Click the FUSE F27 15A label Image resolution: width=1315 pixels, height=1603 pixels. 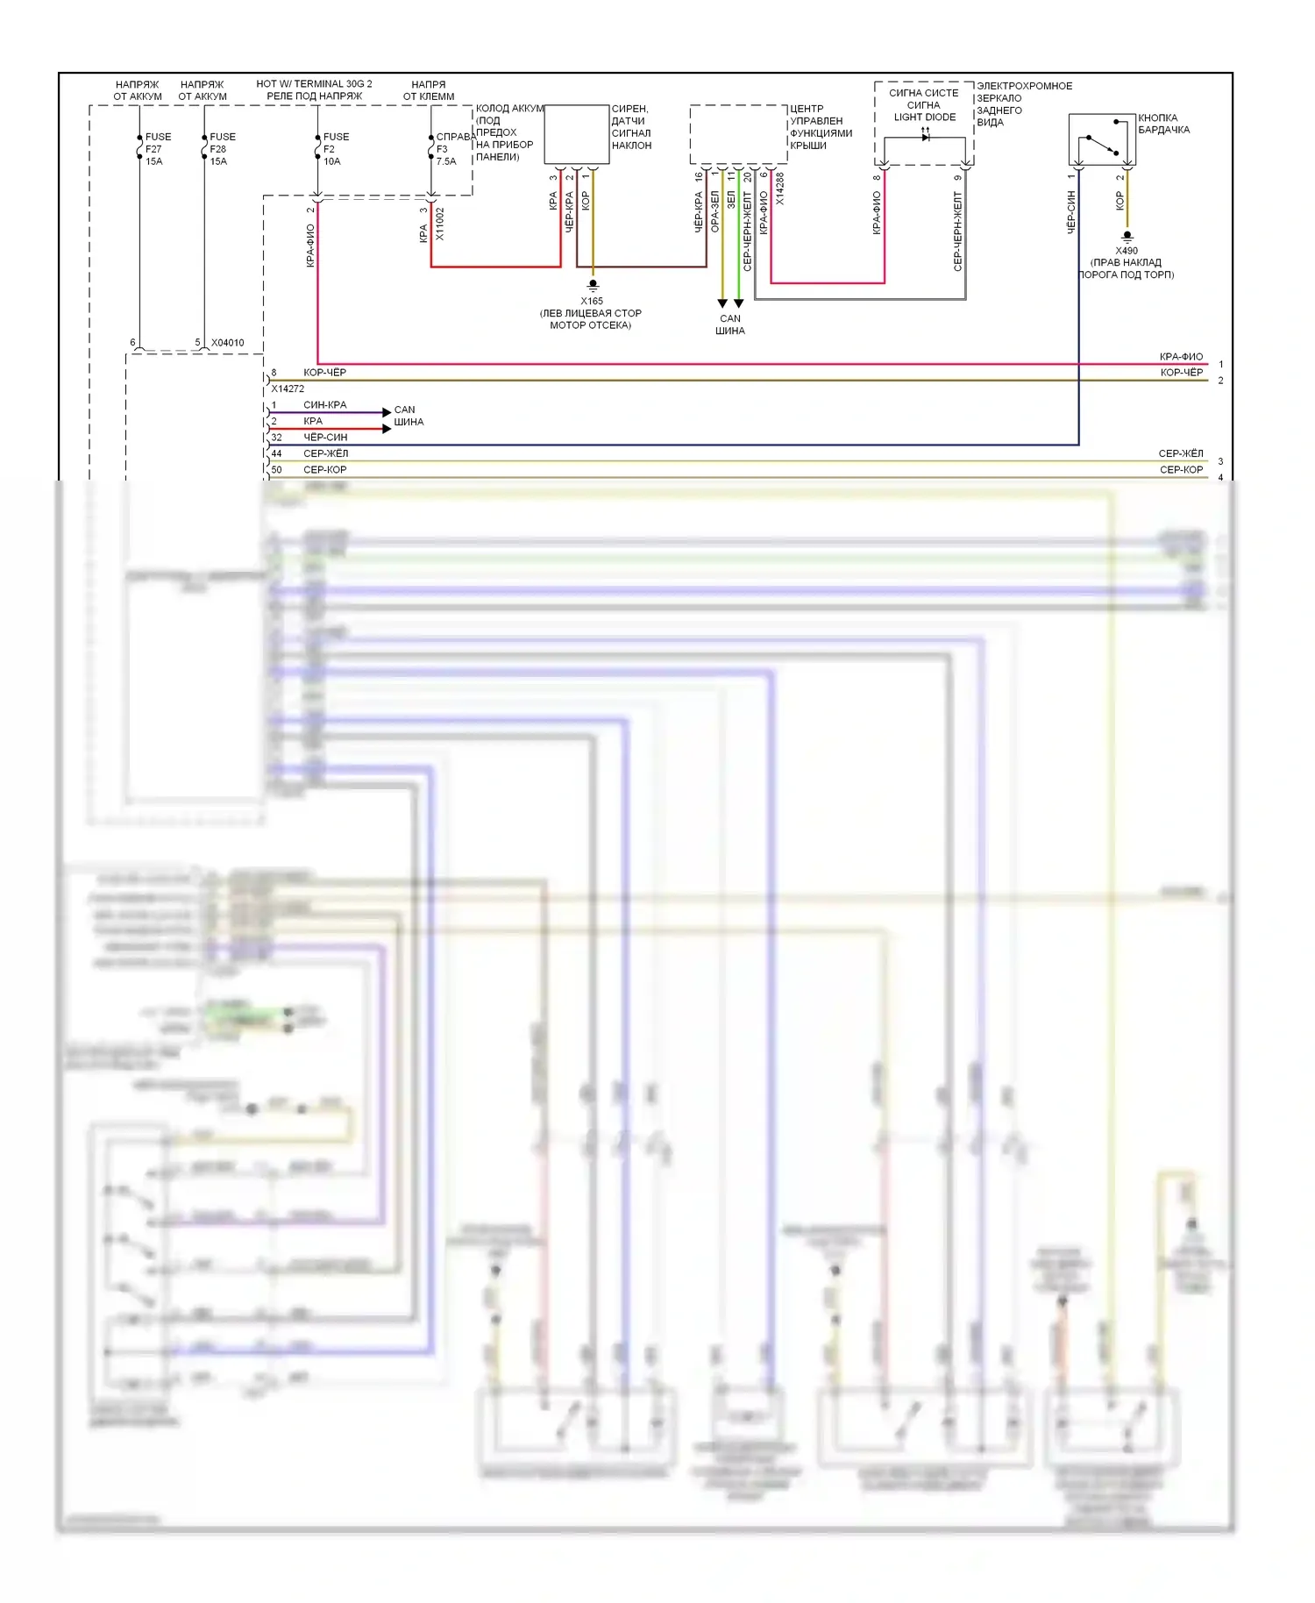[157, 149]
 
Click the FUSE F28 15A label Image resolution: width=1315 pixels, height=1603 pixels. [222, 149]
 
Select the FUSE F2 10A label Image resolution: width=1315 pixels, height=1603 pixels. [335, 149]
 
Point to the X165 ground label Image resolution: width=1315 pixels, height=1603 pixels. [592, 301]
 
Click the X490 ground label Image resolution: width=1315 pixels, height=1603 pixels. [1127, 251]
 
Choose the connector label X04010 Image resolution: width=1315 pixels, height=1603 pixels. [228, 343]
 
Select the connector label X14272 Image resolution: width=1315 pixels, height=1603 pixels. [288, 388]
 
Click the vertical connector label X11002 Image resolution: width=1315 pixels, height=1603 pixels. [440, 224]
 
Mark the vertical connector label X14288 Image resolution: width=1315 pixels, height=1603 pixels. [780, 189]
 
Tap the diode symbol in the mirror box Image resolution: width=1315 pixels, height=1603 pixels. [926, 136]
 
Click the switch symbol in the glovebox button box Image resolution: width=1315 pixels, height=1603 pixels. [1102, 145]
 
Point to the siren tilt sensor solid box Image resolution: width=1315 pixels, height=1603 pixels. [577, 134]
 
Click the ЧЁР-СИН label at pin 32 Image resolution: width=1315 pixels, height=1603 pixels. [325, 437]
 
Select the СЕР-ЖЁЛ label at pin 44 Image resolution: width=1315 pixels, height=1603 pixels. [325, 453]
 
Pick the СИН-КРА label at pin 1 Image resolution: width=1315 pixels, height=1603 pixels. [324, 405]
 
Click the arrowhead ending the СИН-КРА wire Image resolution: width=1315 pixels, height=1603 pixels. [387, 412]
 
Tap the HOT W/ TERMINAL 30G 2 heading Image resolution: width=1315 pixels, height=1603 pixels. [314, 84]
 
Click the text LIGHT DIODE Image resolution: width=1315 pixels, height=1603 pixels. [925, 118]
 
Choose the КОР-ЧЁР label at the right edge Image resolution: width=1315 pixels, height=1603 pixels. [1181, 373]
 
